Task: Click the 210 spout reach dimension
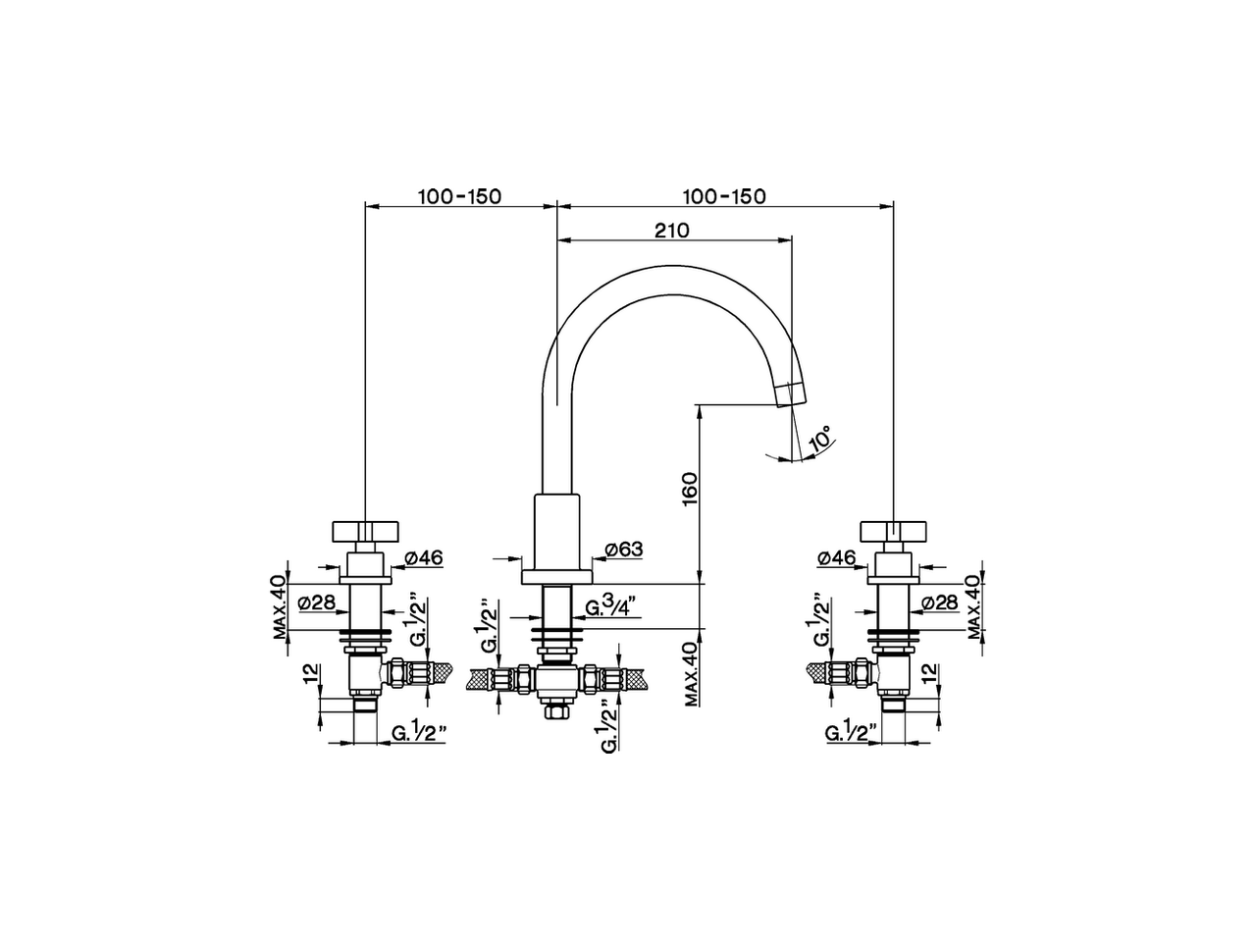click(672, 231)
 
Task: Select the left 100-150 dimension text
click(459, 196)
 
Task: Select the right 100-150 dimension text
click(724, 196)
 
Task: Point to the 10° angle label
click(820, 439)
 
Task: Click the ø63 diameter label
click(623, 549)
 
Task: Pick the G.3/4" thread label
click(613, 608)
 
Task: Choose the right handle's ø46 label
click(836, 557)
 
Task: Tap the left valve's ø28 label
click(316, 602)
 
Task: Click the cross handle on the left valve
click(364, 531)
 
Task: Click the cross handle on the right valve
click(892, 531)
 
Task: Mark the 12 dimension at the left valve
click(311, 674)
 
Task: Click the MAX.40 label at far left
click(281, 607)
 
